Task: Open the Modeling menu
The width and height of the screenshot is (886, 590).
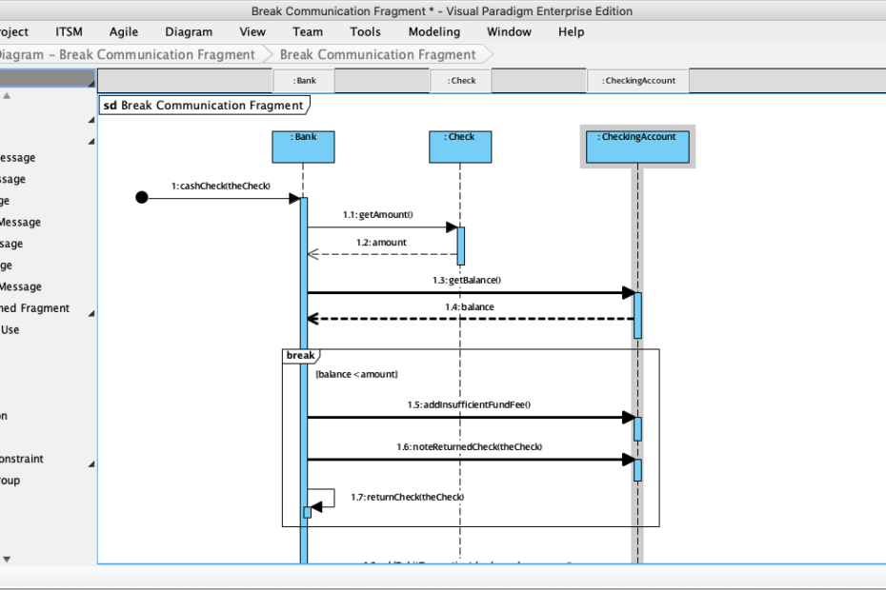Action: [x=433, y=31]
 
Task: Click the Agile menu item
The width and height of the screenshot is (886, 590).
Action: [x=124, y=31]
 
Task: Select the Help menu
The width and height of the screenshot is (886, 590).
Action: [x=571, y=31]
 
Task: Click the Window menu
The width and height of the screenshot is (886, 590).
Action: [x=509, y=31]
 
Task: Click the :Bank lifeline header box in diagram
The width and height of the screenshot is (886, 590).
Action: [x=303, y=147]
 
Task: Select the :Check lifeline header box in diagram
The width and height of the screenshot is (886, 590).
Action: [x=460, y=147]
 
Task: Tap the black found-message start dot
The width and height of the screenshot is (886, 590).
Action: [x=142, y=198]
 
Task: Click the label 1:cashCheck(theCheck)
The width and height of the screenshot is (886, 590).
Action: [x=221, y=186]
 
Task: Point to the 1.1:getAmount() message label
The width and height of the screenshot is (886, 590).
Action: [x=385, y=215]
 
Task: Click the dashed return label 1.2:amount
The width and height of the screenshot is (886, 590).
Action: [x=381, y=243]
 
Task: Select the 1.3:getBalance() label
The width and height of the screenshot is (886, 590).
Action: [x=466, y=281]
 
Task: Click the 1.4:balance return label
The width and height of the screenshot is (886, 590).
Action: [x=469, y=307]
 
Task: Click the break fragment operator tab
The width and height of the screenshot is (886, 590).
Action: [x=299, y=356]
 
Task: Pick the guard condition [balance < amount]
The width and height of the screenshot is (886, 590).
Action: [x=357, y=375]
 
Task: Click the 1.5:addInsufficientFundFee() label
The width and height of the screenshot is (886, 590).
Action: [x=469, y=404]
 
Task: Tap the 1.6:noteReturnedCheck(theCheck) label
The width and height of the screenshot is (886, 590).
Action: [x=469, y=446]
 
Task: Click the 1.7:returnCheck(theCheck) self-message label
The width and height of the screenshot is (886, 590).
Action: [x=407, y=497]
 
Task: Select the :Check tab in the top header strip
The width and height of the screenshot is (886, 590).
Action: [x=462, y=81]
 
